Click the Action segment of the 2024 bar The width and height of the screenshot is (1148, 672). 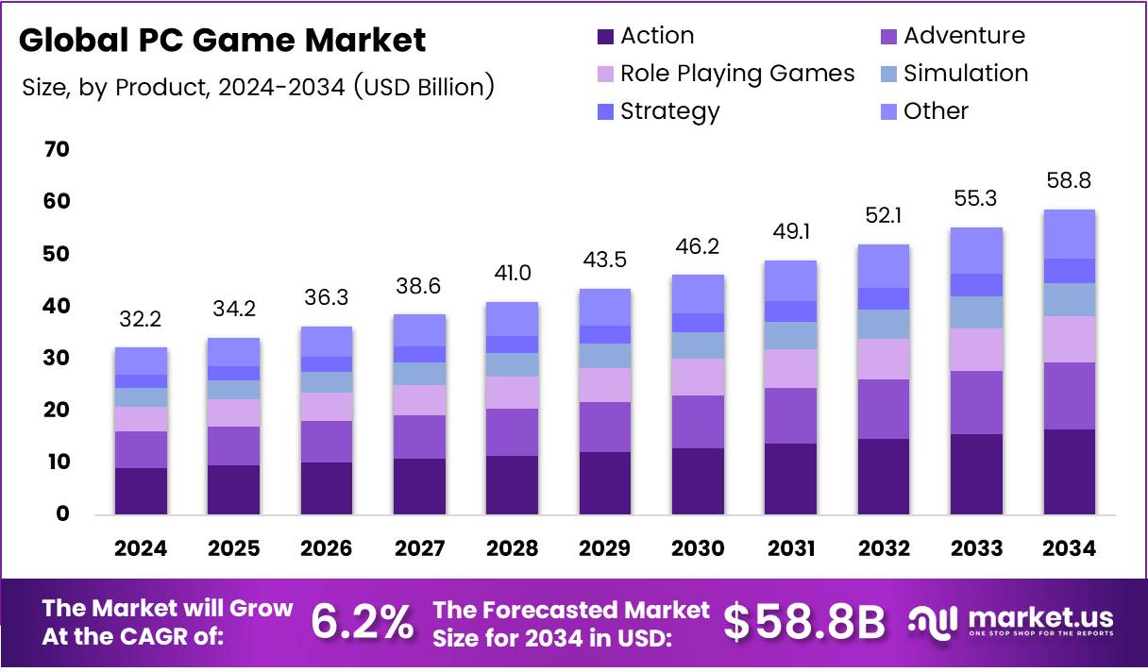coord(141,491)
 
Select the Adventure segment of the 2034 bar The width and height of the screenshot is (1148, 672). coord(1069,396)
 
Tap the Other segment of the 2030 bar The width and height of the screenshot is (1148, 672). coord(698,294)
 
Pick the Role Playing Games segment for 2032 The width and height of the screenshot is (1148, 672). coord(884,359)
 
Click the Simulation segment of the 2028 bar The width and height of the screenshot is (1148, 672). coord(512,364)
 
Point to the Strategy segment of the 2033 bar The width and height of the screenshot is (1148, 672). coord(976,285)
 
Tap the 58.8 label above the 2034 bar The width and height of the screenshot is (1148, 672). coord(1069,180)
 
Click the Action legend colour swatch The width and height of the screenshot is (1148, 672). coord(605,37)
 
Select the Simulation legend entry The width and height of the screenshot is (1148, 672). coord(965,74)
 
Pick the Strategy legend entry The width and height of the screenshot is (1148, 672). coord(669,111)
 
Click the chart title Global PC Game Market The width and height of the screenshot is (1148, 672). coord(223,41)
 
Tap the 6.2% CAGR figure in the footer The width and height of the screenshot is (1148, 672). coord(362,622)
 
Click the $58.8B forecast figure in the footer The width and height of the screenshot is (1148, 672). coord(804,622)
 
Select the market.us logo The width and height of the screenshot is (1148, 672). coord(1012,622)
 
